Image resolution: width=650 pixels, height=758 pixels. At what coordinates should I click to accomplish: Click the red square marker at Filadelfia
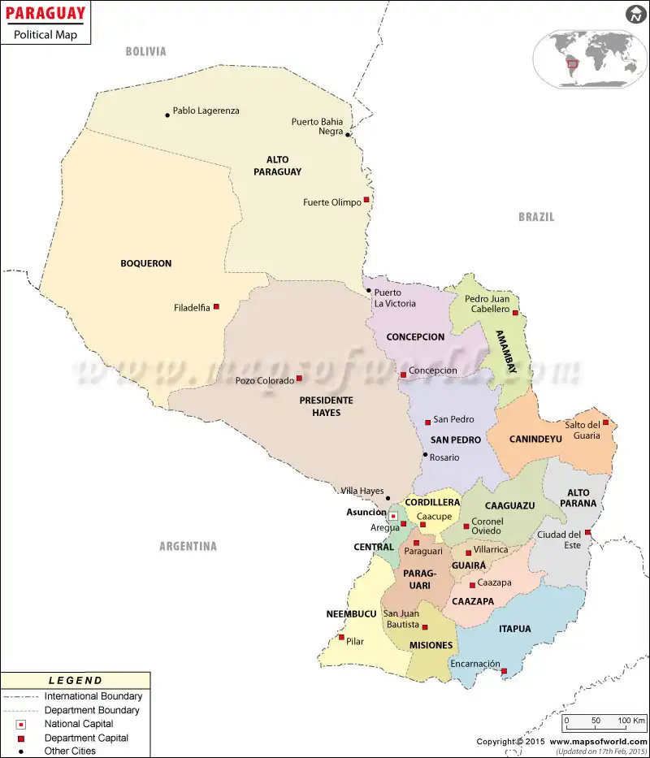tap(216, 307)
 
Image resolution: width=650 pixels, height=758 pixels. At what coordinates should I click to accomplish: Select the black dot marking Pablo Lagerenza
tap(167, 115)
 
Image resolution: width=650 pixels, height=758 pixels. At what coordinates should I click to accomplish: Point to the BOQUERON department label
tap(146, 263)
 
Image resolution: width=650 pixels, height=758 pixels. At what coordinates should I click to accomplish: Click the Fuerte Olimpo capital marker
tap(366, 200)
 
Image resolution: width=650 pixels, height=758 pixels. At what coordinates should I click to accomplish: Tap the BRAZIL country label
tap(536, 217)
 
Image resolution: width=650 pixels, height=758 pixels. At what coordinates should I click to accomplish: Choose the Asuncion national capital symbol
tap(392, 516)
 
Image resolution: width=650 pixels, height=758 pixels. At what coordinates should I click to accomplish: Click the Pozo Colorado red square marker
tap(299, 378)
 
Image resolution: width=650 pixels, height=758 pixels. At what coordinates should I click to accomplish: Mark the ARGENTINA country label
tap(188, 547)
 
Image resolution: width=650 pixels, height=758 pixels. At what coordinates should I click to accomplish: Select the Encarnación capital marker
tap(504, 671)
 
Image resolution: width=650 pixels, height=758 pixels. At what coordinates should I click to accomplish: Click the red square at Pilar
tap(342, 637)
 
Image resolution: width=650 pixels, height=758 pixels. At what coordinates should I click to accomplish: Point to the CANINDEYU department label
tap(535, 440)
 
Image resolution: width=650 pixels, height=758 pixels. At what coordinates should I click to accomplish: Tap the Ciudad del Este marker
tap(587, 533)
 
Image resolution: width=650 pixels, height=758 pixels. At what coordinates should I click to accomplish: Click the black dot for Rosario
tap(425, 455)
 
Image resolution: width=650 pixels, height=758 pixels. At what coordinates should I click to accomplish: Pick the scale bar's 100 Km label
tap(630, 721)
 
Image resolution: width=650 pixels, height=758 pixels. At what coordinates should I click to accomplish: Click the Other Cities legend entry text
tap(70, 751)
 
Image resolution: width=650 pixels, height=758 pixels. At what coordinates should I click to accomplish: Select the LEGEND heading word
tap(76, 681)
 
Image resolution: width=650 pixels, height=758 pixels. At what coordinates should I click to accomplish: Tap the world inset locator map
tap(584, 58)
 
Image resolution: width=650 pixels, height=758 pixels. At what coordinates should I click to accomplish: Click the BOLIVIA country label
tap(145, 52)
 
